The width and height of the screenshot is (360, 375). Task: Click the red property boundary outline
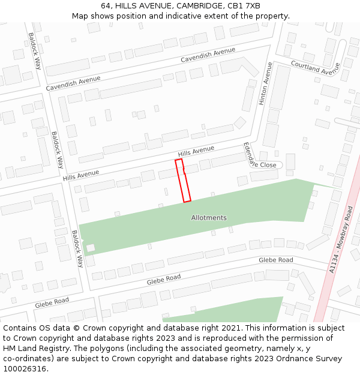(183, 181)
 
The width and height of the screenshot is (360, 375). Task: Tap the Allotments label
(209, 217)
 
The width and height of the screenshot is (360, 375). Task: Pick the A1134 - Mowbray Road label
(341, 240)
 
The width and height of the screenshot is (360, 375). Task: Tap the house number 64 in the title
(106, 6)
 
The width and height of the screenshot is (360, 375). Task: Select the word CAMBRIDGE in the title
(199, 6)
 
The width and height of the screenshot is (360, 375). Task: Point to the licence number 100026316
(25, 368)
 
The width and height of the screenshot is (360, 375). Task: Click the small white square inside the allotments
(90, 248)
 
